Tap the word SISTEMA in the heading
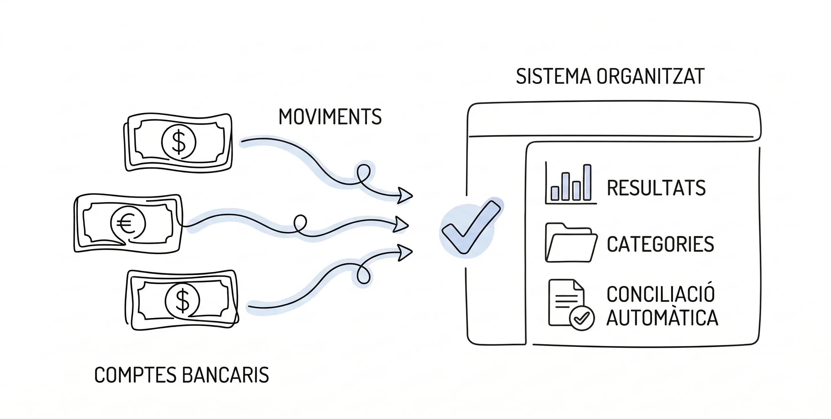point(553,77)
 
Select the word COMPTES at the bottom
point(135,375)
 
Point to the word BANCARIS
point(225,375)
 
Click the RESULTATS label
point(656,188)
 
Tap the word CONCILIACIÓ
point(661,294)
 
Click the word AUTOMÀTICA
point(662,318)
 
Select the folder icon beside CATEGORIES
point(570,243)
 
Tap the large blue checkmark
point(470,227)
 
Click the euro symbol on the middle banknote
point(127,224)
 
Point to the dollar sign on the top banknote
point(179,142)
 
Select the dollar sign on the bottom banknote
point(183,300)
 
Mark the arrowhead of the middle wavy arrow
point(401,225)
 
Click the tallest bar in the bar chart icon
point(587,182)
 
